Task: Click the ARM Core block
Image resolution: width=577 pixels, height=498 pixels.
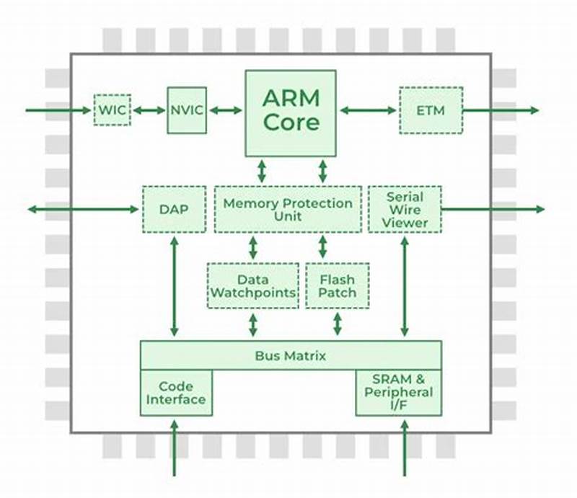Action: tap(291, 112)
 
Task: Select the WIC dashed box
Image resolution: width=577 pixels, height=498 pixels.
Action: tap(112, 110)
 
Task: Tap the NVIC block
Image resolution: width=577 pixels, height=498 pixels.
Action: tap(187, 110)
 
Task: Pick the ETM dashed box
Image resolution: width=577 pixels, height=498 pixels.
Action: tap(431, 110)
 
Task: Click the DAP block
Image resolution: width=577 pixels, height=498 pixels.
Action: tap(173, 209)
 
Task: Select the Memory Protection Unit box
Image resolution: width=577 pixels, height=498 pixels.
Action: tap(288, 209)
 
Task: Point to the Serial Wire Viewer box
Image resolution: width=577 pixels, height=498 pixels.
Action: tap(405, 209)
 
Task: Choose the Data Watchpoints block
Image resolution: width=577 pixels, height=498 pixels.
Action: tap(252, 285)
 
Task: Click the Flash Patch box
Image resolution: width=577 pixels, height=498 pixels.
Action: tap(337, 285)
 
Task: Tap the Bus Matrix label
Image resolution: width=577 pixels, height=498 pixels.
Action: tap(291, 355)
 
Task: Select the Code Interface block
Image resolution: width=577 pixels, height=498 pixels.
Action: tap(176, 393)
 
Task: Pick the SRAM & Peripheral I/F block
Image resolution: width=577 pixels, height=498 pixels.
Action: tap(398, 393)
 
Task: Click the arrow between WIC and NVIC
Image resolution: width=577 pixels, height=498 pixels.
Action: tap(149, 110)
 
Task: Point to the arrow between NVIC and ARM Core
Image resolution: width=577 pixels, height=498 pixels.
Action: tap(226, 110)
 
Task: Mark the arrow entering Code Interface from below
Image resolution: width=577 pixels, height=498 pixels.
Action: tap(174, 446)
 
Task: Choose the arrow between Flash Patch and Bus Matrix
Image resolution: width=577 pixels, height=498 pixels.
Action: tap(337, 324)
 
